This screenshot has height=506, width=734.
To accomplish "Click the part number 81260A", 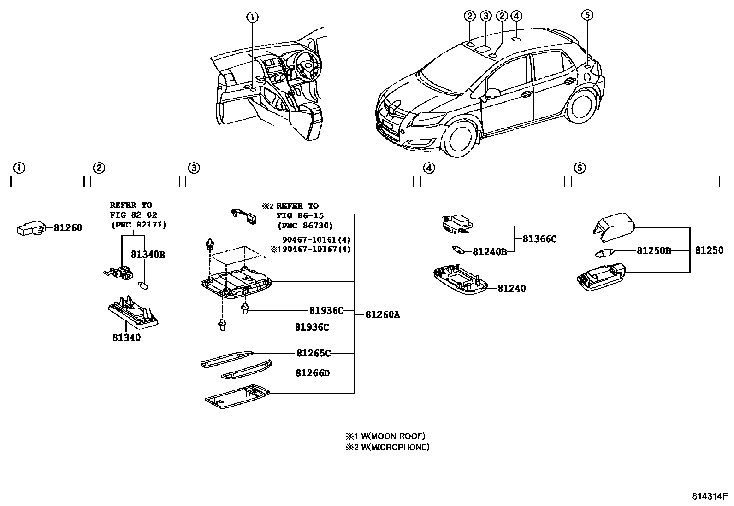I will click(x=382, y=315).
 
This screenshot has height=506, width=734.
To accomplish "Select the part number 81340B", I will click(x=148, y=255).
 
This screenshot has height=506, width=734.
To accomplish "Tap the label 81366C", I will click(x=539, y=239).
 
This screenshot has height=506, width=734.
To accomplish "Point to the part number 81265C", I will click(x=313, y=353).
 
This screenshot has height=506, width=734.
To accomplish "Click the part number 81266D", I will click(x=313, y=373).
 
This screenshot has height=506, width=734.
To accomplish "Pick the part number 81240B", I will click(x=489, y=252).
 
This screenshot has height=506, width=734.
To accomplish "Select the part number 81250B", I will click(x=653, y=250).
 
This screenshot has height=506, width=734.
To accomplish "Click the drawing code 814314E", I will click(x=709, y=496).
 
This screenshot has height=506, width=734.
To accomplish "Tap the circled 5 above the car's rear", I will click(x=586, y=16).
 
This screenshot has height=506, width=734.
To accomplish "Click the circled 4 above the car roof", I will click(x=516, y=16).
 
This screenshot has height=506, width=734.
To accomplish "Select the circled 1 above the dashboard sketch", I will click(x=252, y=17).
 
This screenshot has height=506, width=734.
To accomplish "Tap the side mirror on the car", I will click(x=491, y=93).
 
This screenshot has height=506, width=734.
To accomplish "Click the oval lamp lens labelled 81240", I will click(x=460, y=279).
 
